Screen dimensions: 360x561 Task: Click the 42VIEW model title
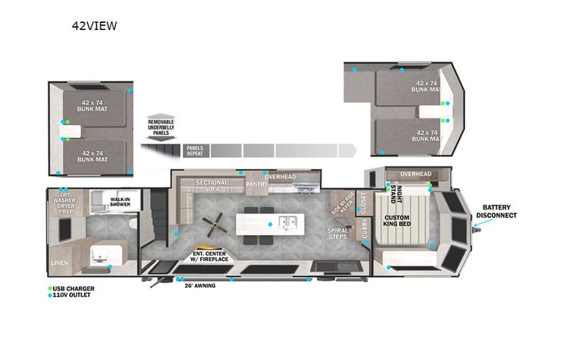coord(94,25)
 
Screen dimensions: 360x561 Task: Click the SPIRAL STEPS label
coord(338,233)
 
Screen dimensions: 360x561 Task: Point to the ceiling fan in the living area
coord(214,224)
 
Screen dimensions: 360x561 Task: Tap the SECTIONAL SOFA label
coord(211,186)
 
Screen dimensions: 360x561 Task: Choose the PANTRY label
coord(256,185)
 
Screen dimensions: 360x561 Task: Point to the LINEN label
coord(60,263)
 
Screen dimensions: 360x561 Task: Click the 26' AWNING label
coord(200,286)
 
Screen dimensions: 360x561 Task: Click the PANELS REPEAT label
coord(194,150)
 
